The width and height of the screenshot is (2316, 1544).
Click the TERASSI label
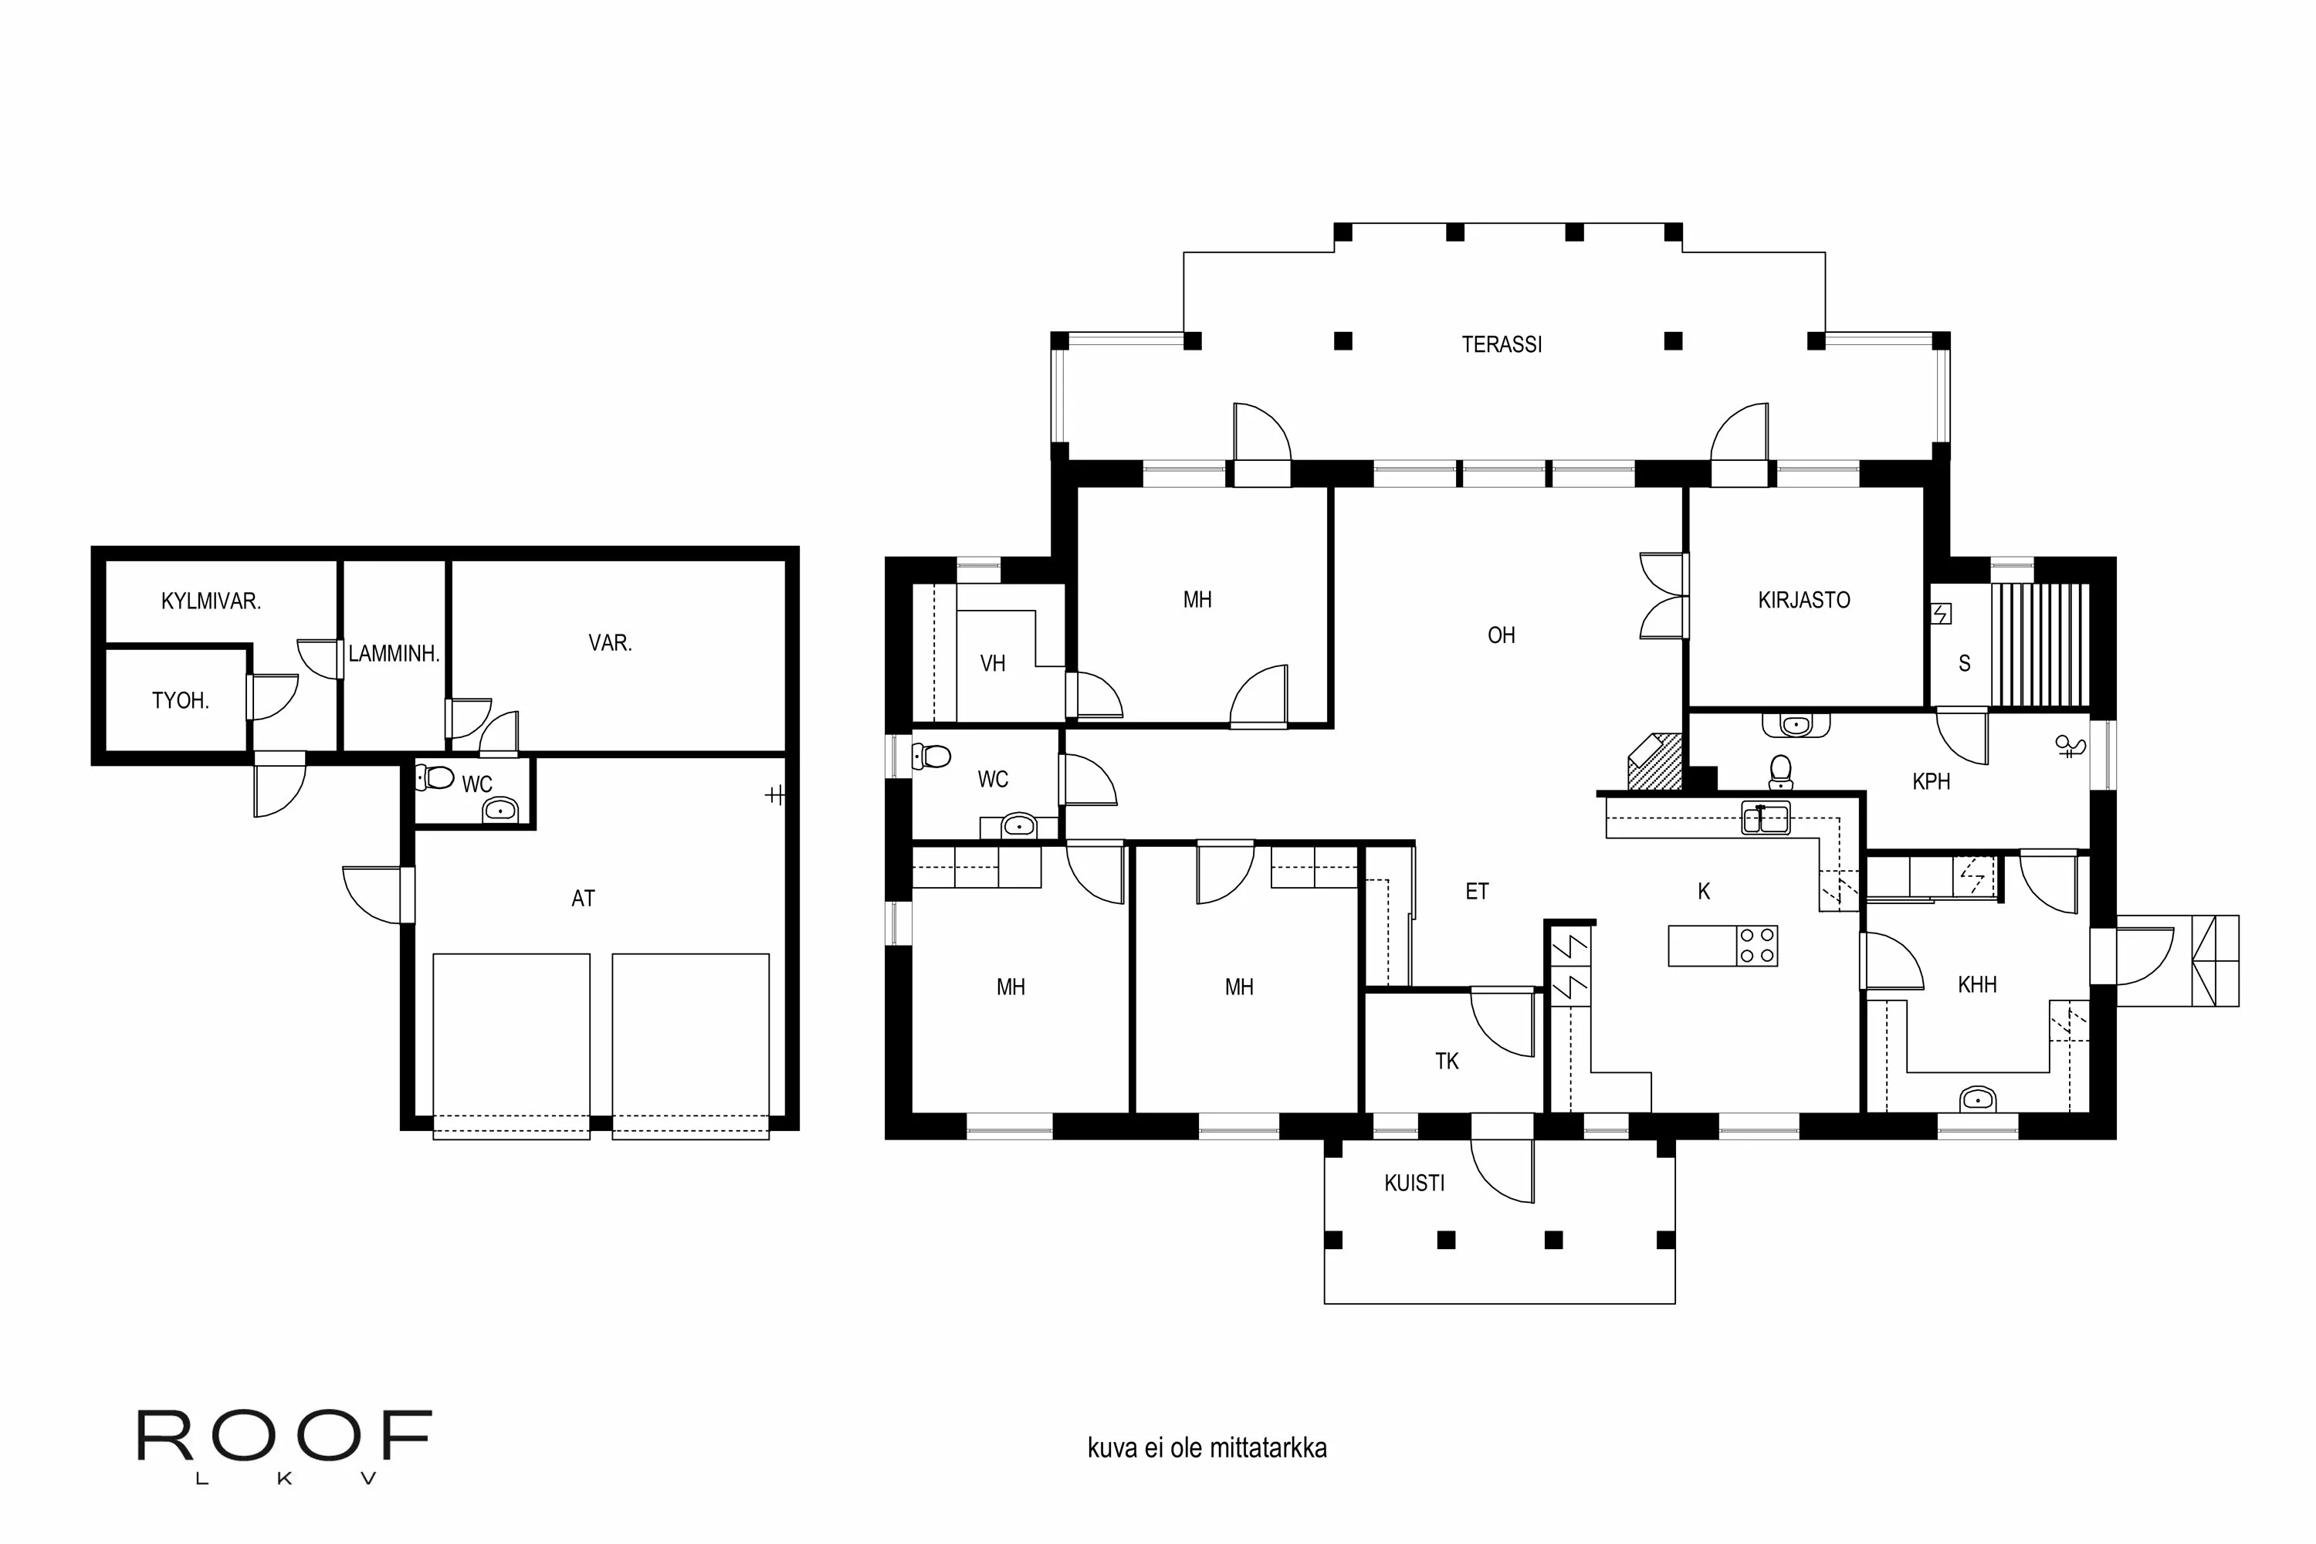tap(1501, 344)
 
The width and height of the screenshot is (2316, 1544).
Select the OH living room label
tap(1501, 635)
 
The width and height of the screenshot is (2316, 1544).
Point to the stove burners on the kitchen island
tap(1757, 945)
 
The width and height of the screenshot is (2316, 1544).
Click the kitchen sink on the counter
tap(1766, 818)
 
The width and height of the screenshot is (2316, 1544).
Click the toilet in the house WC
tap(932, 757)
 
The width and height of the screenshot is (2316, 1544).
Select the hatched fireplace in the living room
tap(1654, 761)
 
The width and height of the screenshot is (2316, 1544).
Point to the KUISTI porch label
tap(1414, 1183)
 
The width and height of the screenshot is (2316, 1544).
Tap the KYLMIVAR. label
tap(211, 601)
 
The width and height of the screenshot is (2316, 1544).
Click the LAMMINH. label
tap(394, 654)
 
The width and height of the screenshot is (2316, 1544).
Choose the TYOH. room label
tap(180, 701)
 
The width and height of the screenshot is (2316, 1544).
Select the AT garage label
tap(583, 898)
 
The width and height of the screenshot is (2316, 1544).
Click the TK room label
tap(1447, 1061)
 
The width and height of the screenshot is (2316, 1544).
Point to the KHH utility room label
tap(1976, 985)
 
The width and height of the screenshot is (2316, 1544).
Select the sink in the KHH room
tap(1976, 1098)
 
